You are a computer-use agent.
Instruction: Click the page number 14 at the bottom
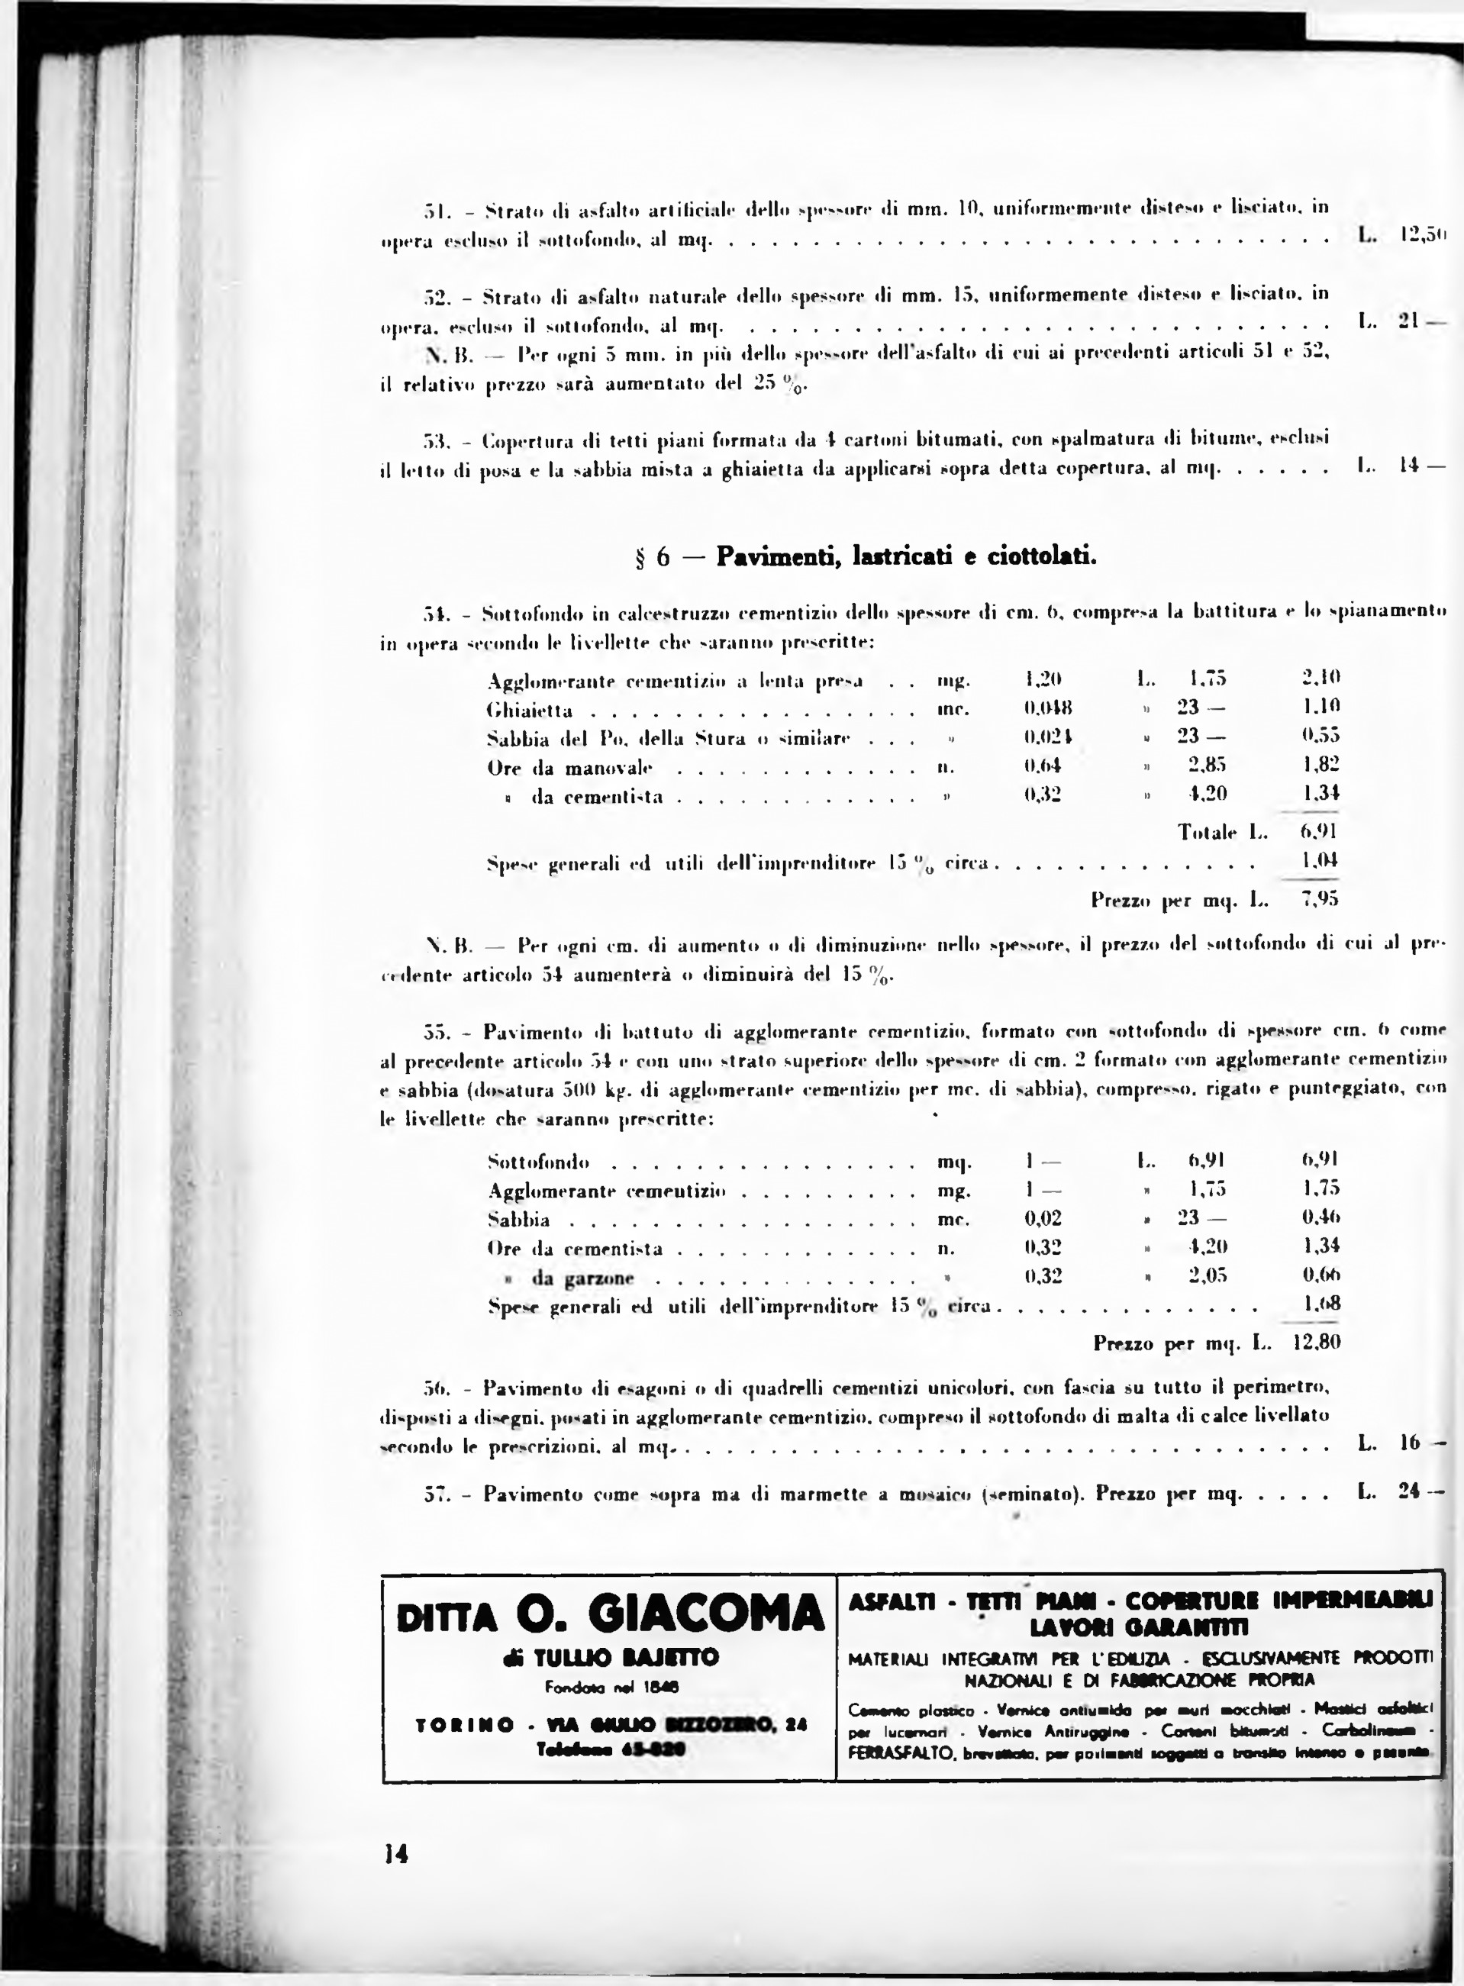click(395, 1853)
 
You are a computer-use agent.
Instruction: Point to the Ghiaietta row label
click(530, 711)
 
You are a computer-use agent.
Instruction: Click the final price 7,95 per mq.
click(1319, 900)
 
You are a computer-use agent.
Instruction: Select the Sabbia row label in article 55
click(518, 1220)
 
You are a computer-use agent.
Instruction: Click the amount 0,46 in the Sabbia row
click(1321, 1217)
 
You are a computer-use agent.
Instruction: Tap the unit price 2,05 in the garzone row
click(1206, 1276)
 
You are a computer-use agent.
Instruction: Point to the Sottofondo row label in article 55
click(539, 1161)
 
